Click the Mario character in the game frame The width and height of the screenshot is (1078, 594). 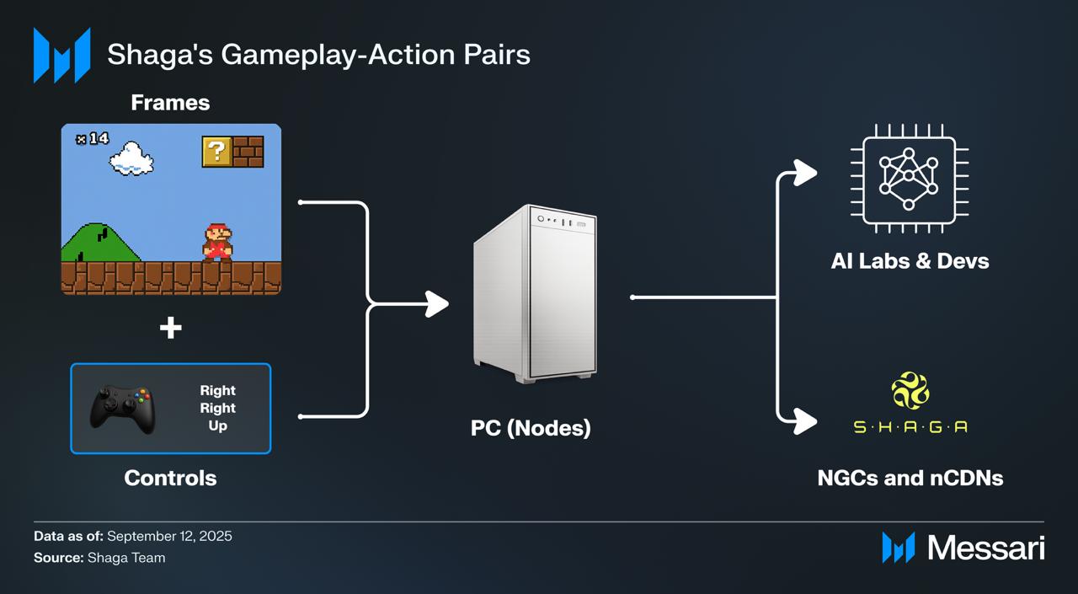[217, 243]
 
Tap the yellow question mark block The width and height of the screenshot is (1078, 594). [216, 152]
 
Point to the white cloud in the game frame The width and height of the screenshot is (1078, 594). [131, 158]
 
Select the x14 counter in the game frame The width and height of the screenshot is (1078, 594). [92, 138]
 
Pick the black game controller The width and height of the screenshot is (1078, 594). [123, 409]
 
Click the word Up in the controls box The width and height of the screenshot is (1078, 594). [217, 426]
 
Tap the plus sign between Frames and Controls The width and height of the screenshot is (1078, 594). [171, 328]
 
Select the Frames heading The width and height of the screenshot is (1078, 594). [170, 103]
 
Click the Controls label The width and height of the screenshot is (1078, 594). [170, 478]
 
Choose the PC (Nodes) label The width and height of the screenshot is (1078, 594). [531, 428]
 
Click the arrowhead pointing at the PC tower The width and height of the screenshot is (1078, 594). [437, 304]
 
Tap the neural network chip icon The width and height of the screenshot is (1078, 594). [909, 178]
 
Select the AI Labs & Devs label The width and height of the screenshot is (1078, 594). [910, 260]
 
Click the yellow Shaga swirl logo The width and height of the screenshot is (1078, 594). [910, 390]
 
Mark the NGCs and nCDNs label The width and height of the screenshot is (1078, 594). [910, 478]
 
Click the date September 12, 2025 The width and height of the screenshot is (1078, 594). [169, 536]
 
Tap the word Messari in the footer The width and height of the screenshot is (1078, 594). [985, 549]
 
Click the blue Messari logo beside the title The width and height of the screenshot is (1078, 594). [61, 56]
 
